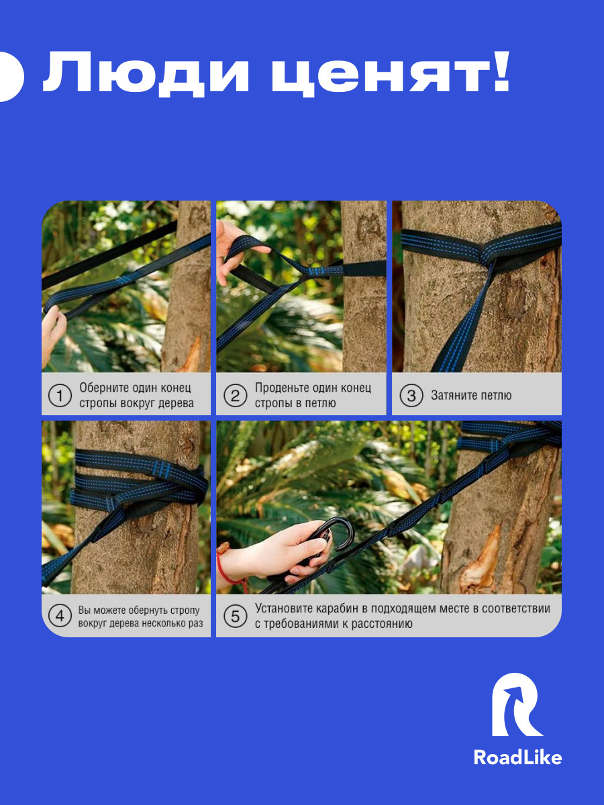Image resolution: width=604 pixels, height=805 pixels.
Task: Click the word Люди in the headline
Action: pos(146,72)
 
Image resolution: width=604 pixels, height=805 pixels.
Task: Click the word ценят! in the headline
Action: pos(390,72)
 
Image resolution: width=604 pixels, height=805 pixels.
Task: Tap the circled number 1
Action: pos(60,396)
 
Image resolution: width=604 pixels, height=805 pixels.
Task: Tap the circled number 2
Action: pos(235,396)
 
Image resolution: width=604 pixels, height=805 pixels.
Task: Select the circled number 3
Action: pos(411,396)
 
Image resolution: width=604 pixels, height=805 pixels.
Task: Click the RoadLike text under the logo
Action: pos(517,758)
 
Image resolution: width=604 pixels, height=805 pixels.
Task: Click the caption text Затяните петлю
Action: pos(471,396)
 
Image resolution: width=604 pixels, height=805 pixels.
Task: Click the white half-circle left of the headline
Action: pos(11,76)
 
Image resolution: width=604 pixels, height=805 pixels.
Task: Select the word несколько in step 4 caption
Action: pos(164,623)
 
